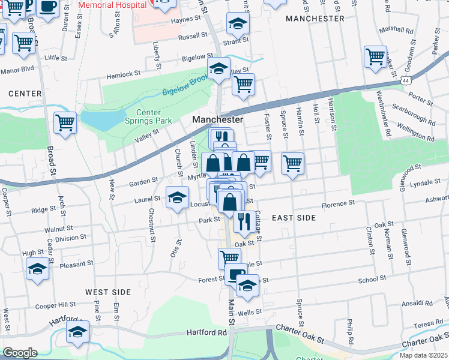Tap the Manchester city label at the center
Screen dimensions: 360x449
(217, 120)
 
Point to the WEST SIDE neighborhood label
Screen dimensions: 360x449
(108, 292)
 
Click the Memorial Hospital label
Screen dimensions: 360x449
(113, 5)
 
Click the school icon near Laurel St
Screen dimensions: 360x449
(177, 197)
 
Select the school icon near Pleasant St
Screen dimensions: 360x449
(37, 268)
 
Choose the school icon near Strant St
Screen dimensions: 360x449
(238, 25)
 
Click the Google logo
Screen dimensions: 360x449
(20, 353)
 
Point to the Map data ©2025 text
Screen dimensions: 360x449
(423, 355)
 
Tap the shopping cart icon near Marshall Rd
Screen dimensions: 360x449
(376, 57)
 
